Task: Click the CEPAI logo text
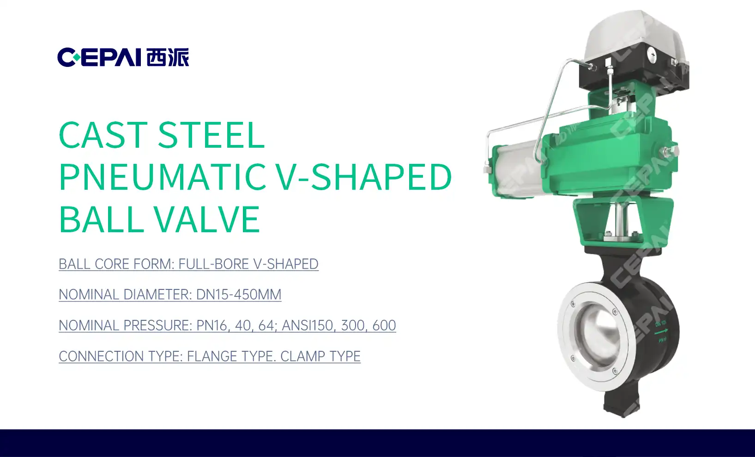coord(99,57)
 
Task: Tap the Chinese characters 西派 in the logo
coord(168,57)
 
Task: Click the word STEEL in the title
coord(211,135)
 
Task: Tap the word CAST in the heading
coord(103,135)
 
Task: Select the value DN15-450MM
coord(239,295)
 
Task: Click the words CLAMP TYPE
coord(320,356)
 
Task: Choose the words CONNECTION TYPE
coord(121,356)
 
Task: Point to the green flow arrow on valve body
coord(661,332)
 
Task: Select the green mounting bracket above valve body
coord(623,222)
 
